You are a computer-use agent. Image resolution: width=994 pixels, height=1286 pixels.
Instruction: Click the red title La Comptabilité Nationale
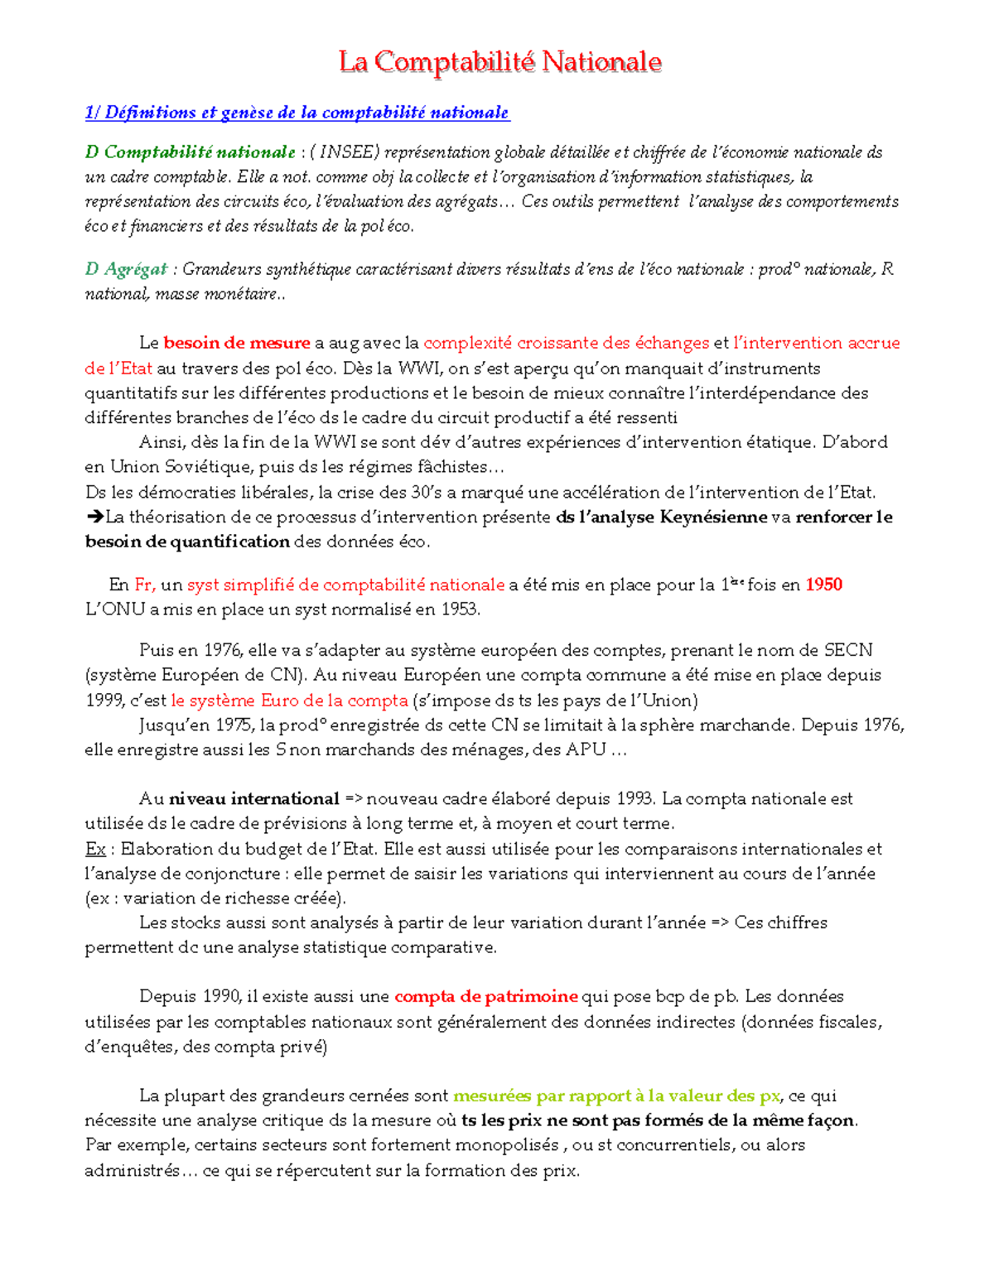click(x=499, y=61)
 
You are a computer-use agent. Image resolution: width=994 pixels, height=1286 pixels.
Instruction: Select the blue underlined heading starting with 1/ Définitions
click(x=297, y=113)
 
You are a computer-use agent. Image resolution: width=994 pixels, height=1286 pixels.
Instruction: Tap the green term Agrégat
click(x=136, y=269)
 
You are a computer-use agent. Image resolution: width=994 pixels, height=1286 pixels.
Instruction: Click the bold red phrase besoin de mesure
click(x=236, y=343)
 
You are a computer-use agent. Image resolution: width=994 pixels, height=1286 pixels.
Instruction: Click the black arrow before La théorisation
click(x=94, y=518)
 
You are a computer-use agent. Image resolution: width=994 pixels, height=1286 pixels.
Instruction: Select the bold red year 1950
click(x=823, y=585)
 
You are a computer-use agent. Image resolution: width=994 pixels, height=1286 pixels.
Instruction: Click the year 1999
click(x=104, y=701)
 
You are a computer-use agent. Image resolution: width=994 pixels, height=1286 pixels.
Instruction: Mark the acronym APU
click(x=586, y=750)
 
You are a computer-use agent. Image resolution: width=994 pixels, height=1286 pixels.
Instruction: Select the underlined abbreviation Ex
click(x=94, y=849)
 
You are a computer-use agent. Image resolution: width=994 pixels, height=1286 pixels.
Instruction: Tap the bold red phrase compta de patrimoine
click(x=485, y=996)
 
